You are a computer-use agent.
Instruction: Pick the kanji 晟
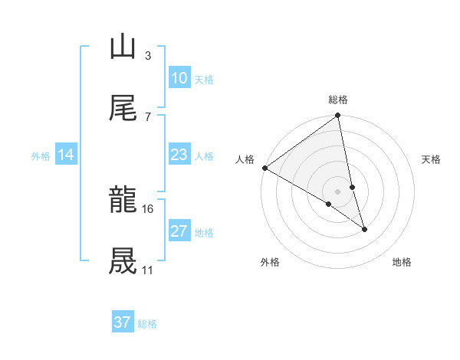tap(123, 261)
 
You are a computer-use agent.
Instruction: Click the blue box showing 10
tap(179, 78)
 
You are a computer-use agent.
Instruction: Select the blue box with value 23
tap(179, 155)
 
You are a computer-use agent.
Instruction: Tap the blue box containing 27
tap(179, 231)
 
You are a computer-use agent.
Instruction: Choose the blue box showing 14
tap(66, 155)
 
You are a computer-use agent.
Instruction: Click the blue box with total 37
tap(123, 322)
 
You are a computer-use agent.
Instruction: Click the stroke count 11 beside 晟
tap(147, 270)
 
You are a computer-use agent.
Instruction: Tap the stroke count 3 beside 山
tap(147, 55)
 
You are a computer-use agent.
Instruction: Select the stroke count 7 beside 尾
tap(147, 116)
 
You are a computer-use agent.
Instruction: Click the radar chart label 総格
tap(338, 100)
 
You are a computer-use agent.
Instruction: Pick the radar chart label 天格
tap(432, 159)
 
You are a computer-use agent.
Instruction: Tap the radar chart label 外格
tap(269, 263)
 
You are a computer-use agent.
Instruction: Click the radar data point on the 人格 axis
tap(264, 168)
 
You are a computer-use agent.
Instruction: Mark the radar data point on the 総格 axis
tap(338, 116)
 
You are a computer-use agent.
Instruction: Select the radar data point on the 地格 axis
tap(365, 229)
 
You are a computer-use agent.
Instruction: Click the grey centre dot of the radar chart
tap(338, 191)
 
